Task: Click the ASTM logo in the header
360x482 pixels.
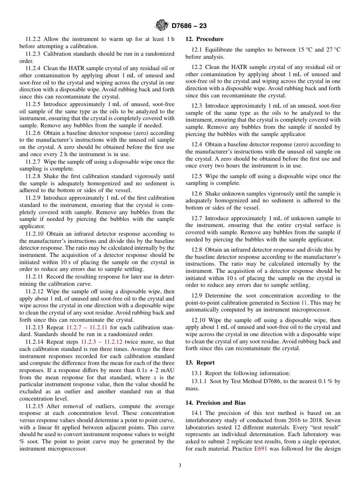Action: [x=162, y=26]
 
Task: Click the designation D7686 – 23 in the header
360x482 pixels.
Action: [x=189, y=26]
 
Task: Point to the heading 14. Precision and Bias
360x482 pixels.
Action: [x=216, y=403]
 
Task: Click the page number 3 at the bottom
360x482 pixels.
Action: [x=180, y=466]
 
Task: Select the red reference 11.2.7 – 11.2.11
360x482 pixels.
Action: [x=89, y=327]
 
